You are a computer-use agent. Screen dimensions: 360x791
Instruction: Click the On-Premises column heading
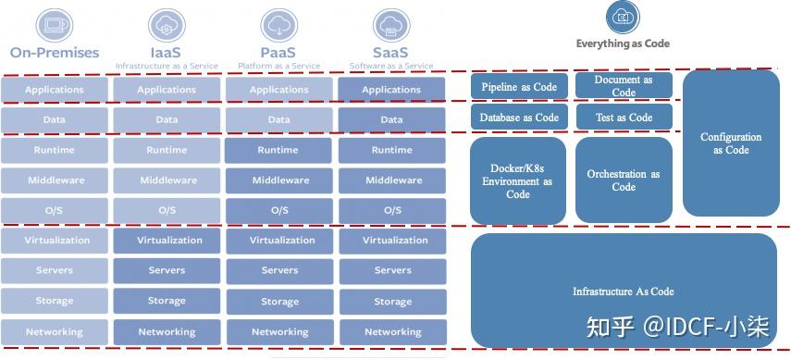pos(55,53)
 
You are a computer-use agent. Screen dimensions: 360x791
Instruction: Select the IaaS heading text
pos(167,53)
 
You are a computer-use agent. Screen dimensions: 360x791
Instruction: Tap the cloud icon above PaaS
pos(278,23)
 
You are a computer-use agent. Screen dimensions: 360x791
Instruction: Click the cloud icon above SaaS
pos(390,23)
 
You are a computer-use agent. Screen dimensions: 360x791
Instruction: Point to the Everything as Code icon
pos(623,17)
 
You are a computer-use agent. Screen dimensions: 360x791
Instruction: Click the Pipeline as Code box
pos(518,87)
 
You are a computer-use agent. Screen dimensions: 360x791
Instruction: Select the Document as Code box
pos(624,86)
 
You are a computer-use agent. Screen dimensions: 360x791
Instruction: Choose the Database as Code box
pos(518,118)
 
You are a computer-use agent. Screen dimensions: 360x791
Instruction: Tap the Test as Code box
pos(624,118)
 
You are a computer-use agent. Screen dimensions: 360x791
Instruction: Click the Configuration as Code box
pos(731,143)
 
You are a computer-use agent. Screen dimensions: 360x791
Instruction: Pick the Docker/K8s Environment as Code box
pos(517,181)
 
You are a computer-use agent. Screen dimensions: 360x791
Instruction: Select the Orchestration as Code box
pos(624,180)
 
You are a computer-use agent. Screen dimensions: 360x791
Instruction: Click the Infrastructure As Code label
pos(623,292)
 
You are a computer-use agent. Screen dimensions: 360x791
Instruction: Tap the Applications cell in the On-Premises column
pos(55,90)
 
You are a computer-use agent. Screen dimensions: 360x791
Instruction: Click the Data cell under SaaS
pos(391,119)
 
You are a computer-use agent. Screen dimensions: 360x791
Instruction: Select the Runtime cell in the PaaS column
pos(278,150)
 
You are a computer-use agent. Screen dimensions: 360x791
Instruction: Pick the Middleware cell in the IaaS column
pos(167,180)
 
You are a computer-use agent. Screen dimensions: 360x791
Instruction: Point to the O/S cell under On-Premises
pos(55,210)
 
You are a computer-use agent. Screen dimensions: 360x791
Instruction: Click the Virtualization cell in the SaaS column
pos(391,241)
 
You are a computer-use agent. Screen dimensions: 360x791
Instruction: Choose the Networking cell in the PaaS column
pos(278,331)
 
